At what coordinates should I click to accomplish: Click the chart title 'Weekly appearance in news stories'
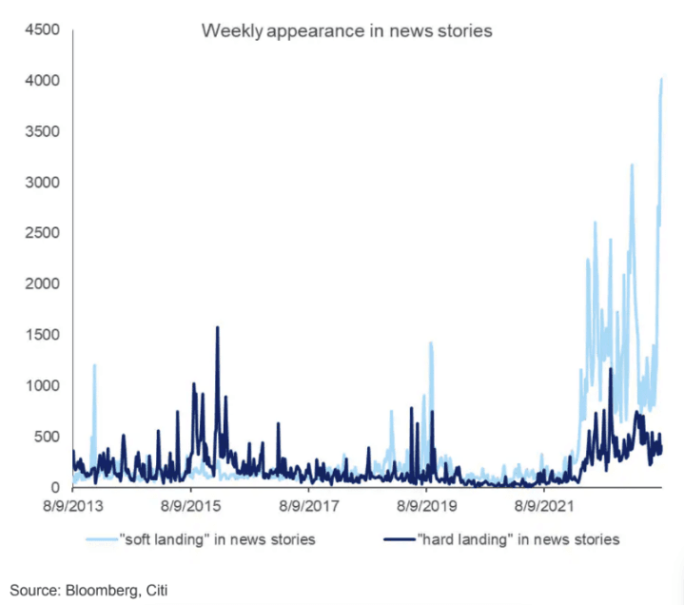pos(346,30)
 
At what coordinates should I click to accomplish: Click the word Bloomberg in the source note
pos(103,590)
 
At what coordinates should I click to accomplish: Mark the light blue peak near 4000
pos(661,80)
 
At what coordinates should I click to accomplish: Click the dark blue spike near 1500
pos(218,328)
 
